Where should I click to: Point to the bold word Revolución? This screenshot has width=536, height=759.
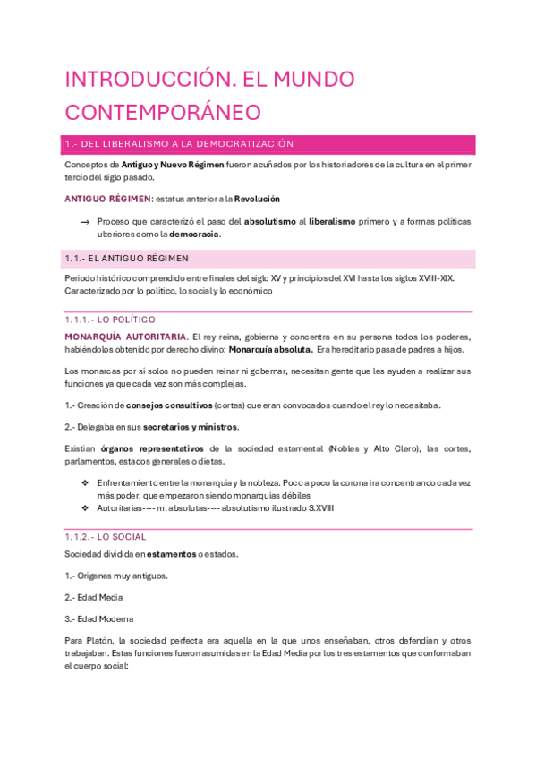(257, 199)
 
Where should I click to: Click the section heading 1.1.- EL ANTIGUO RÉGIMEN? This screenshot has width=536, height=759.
(127, 259)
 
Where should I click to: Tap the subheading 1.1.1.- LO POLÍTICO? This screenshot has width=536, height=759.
(110, 320)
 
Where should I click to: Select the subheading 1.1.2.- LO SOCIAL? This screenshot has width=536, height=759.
(105, 537)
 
